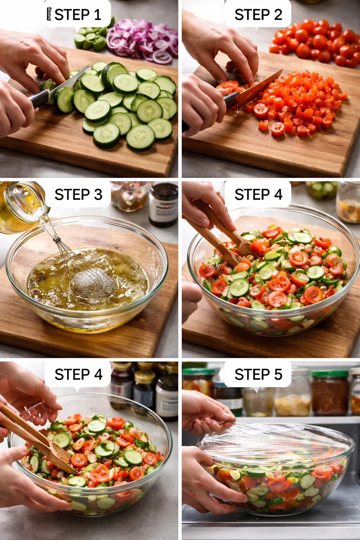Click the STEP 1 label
[x=78, y=15]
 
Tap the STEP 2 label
[x=258, y=15]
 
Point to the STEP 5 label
[x=258, y=374]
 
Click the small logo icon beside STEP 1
[x=49, y=14]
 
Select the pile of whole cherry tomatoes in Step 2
[x=316, y=42]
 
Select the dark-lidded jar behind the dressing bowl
[x=163, y=204]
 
